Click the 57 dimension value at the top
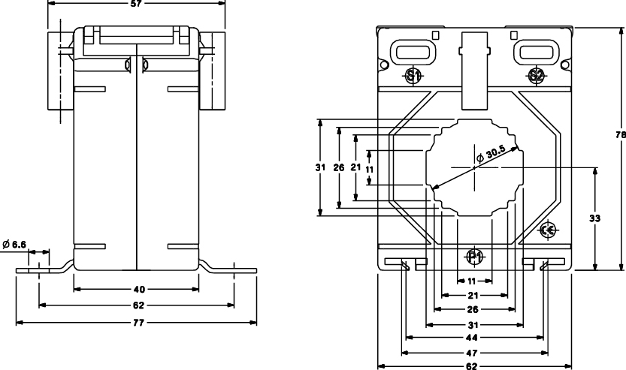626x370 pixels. tap(136, 4)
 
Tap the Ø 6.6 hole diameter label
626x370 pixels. tap(14, 244)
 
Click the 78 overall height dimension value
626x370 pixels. tap(620, 135)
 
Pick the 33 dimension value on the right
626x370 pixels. tap(595, 218)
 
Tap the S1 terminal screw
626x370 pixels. tap(413, 75)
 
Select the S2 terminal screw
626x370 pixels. tap(536, 75)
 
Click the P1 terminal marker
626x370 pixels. tap(474, 257)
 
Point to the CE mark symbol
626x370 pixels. tap(548, 230)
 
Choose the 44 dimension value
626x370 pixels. tap(474, 338)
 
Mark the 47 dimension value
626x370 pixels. tap(474, 352)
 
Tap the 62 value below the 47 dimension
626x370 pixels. tap(474, 367)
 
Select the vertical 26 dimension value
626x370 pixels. tap(338, 167)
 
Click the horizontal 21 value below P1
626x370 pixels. tap(474, 296)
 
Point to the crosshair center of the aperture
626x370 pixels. tap(475, 166)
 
